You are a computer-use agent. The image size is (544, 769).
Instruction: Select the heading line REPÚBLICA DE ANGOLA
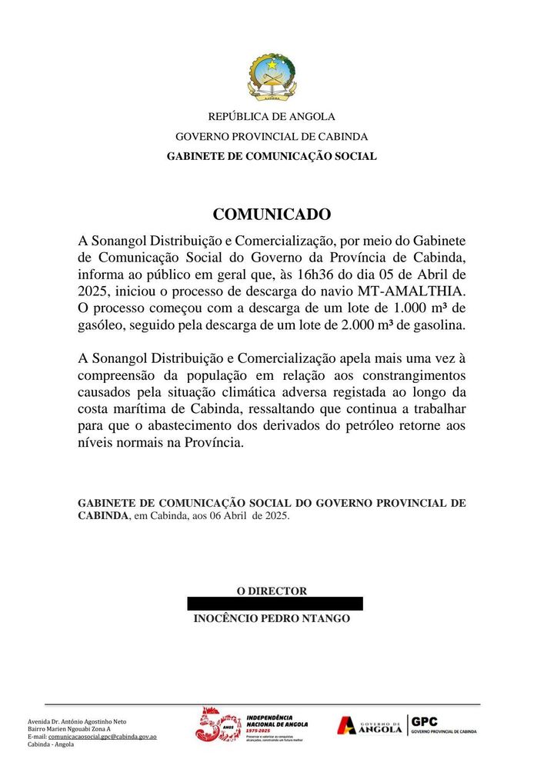pos(272,117)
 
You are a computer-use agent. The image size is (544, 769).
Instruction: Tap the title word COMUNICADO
pos(272,214)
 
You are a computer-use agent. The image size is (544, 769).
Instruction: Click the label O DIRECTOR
pos(272,591)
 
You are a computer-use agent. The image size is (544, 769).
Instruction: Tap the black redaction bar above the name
pos(275,604)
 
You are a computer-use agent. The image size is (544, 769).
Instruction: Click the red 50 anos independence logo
pos(219,725)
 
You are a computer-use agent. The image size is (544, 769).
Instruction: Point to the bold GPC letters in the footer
pos(425,721)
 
